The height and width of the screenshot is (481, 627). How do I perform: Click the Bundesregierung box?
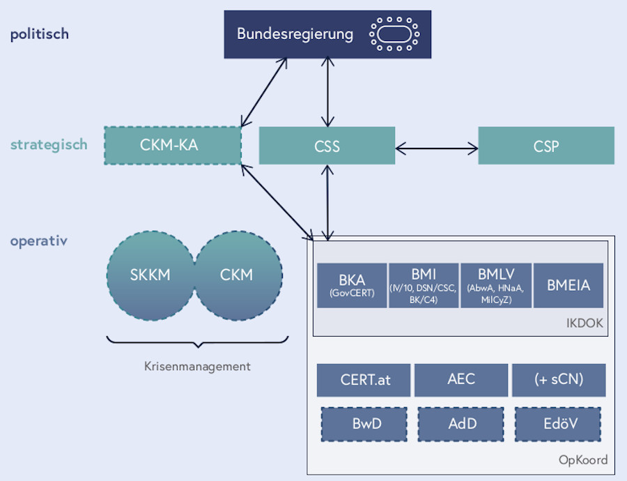[x=295, y=33]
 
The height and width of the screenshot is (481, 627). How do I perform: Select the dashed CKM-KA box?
[x=172, y=146]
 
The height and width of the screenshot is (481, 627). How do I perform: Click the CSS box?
[x=327, y=146]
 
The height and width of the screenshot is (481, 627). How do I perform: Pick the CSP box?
[x=545, y=146]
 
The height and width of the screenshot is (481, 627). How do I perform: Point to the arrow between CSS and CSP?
[x=436, y=148]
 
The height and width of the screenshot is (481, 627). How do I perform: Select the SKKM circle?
[x=150, y=275]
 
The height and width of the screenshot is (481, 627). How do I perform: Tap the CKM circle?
[x=237, y=275]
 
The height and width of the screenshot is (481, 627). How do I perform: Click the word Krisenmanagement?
[x=197, y=366]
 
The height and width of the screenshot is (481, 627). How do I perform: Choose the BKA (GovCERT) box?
[x=351, y=285]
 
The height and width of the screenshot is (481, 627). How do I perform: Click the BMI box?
[x=424, y=285]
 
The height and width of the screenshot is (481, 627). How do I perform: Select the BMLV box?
[x=496, y=285]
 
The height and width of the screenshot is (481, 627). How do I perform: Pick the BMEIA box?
[x=568, y=285]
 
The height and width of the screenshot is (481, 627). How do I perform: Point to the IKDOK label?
[x=585, y=323]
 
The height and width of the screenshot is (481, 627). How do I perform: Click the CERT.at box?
[x=363, y=380]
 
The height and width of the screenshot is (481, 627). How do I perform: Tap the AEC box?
[x=460, y=380]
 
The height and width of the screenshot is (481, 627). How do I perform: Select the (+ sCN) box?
[x=559, y=380]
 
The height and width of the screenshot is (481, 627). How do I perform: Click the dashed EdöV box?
[x=559, y=423]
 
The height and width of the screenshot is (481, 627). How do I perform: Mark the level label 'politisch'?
[x=39, y=34]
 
